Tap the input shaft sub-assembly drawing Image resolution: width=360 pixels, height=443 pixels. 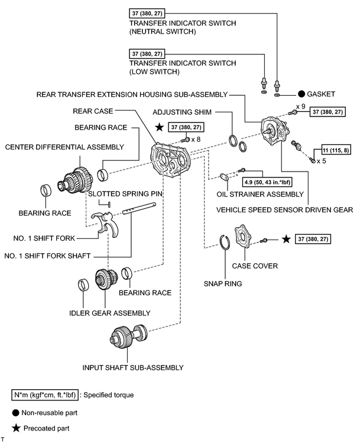128,335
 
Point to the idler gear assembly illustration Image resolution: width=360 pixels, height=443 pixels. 106,279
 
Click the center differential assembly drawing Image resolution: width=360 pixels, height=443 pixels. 76,180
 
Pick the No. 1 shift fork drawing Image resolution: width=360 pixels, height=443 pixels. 105,224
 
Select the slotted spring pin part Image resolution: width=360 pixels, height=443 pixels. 109,204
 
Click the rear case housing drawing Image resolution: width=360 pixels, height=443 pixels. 171,160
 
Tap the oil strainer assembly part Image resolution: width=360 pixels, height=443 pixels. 225,177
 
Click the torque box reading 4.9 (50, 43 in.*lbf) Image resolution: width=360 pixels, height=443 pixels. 267,182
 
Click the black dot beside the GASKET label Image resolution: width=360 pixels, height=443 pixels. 301,94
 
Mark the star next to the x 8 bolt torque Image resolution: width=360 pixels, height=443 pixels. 160,127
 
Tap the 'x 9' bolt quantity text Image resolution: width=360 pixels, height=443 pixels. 301,106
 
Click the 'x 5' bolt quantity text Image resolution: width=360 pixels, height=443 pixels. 322,161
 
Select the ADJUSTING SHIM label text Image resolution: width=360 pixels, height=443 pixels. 182,112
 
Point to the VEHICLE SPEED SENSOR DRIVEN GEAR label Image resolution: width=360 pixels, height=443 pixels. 284,210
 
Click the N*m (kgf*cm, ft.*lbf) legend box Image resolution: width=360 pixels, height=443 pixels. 45,395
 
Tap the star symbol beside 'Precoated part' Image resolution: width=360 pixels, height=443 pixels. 17,428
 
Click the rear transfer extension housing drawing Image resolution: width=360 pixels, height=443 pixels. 275,131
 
